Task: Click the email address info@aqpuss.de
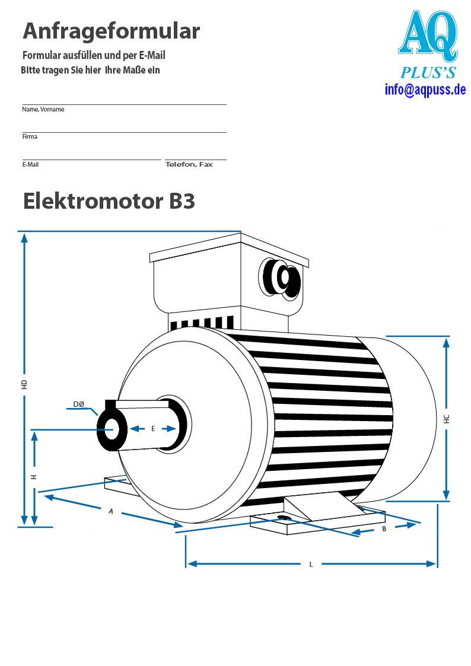(425, 90)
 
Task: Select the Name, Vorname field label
(43, 110)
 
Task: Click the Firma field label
(30, 137)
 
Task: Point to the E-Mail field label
(31, 164)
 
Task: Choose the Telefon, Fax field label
(189, 164)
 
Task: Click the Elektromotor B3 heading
(109, 201)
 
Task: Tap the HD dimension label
(24, 385)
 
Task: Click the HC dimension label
(446, 419)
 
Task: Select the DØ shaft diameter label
(79, 404)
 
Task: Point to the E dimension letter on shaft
(153, 429)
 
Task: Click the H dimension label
(34, 477)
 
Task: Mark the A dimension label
(111, 511)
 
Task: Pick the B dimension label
(384, 529)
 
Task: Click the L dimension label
(311, 565)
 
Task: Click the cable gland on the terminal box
(281, 279)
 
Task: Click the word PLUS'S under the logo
(428, 72)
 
